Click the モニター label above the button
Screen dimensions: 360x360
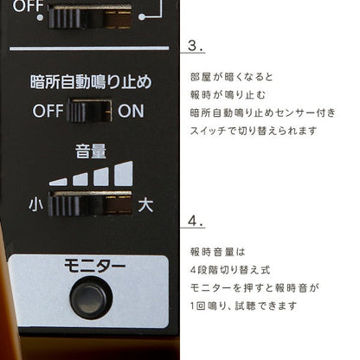coord(94,266)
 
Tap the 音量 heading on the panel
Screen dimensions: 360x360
coord(91,151)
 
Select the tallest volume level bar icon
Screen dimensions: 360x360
coord(124,174)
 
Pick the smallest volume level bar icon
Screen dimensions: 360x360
coord(58,182)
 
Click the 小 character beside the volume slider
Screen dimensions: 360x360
coord(35,204)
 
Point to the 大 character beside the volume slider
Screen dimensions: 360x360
coord(145,205)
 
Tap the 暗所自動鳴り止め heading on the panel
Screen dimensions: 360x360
coord(91,82)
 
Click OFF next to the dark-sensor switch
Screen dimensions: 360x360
coord(48,111)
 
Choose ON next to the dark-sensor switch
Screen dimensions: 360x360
coord(131,111)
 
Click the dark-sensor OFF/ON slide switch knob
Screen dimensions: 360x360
coord(78,111)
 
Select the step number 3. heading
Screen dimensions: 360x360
coord(196,46)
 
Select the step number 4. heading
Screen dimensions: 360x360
coord(196,222)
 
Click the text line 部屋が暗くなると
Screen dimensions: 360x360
coord(231,77)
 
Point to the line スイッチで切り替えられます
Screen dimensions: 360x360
coord(254,131)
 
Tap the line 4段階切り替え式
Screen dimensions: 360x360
coord(230,270)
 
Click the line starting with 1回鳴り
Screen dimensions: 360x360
coord(243,305)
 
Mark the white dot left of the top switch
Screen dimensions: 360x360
coord(41,17)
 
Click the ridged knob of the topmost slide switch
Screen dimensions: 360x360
coord(66,18)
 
